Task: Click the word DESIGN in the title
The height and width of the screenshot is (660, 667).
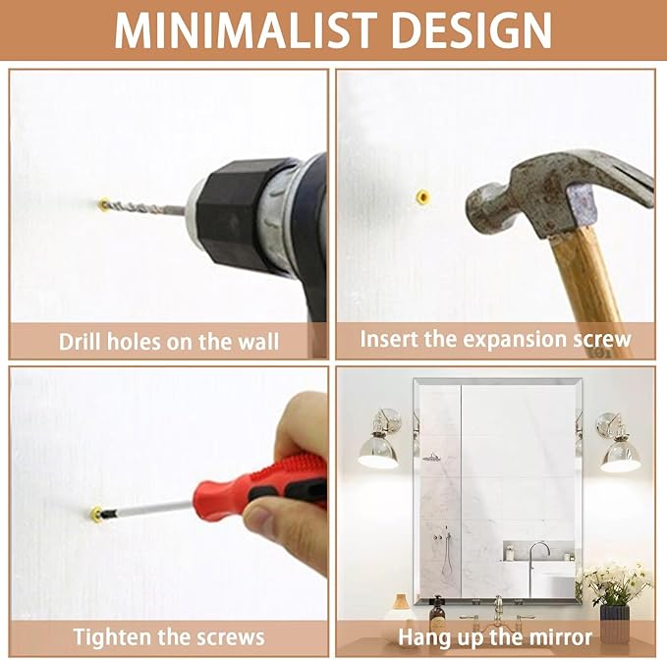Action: (472, 29)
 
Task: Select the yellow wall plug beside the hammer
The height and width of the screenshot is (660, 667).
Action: (422, 196)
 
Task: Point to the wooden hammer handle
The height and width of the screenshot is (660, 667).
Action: (589, 289)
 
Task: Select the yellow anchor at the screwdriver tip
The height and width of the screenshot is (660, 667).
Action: (96, 514)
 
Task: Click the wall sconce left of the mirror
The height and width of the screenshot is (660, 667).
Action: (379, 439)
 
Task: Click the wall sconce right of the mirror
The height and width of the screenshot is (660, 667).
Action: (618, 442)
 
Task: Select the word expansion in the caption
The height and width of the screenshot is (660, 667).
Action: (514, 340)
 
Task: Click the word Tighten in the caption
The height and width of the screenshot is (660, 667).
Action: (112, 637)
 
